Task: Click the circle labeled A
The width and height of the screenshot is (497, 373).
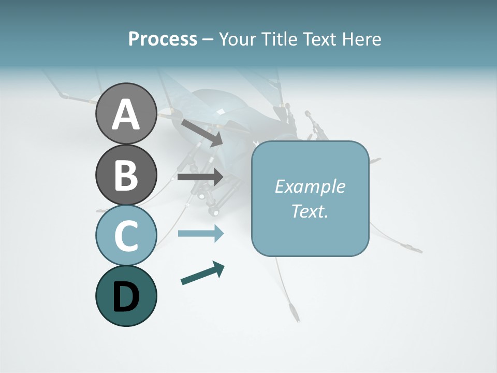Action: (x=126, y=113)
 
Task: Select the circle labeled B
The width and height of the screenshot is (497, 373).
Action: (x=126, y=175)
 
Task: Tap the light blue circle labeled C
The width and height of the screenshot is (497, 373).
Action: (x=126, y=235)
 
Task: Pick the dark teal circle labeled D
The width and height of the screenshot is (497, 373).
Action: (x=126, y=296)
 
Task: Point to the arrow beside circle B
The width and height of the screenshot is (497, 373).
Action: (x=200, y=177)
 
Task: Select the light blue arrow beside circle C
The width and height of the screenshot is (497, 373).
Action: (x=200, y=234)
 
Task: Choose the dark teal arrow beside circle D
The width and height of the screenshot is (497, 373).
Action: (x=202, y=273)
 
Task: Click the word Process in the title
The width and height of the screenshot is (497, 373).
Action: (x=163, y=39)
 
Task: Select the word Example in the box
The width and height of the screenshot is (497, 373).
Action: (x=310, y=187)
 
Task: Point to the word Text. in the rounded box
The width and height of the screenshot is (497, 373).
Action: (x=310, y=211)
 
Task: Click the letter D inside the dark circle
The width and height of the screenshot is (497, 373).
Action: (x=126, y=297)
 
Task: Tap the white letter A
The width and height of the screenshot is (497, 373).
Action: (x=126, y=115)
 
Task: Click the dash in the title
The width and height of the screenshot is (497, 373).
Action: (x=208, y=40)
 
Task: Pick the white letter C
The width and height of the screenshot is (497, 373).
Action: (x=126, y=236)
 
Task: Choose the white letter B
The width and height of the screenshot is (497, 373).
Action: (x=126, y=175)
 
